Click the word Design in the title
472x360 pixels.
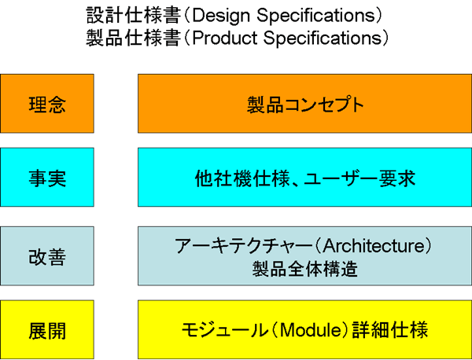point(221,16)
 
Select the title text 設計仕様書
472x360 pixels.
point(134,16)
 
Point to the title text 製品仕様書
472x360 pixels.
point(134,39)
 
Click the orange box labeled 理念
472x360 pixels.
point(47,104)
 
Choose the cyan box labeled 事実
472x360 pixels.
point(47,177)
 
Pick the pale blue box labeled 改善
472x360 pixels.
point(47,256)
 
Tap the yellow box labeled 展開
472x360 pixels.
point(47,329)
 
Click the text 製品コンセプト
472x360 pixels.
point(305,105)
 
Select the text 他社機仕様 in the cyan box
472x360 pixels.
point(242,178)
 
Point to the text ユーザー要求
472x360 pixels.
point(360,178)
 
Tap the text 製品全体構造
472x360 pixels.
point(305,269)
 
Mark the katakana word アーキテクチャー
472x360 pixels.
point(244,246)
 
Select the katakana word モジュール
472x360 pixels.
point(224,330)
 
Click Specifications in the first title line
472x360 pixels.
point(315,16)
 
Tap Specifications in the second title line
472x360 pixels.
point(323,39)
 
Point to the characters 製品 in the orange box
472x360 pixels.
point(265,105)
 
